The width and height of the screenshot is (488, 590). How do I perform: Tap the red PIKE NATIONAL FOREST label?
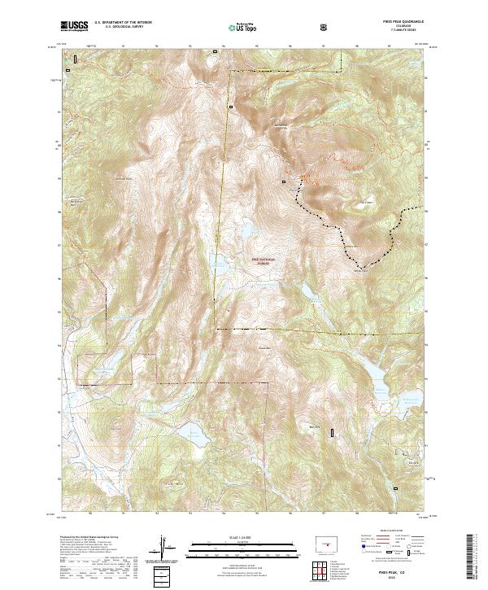[x=263, y=260]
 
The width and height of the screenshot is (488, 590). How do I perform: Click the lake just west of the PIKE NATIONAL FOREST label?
[x=218, y=263]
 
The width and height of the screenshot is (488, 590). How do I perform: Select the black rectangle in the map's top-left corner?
[x=76, y=59]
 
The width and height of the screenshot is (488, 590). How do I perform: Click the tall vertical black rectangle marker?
[x=332, y=432]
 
